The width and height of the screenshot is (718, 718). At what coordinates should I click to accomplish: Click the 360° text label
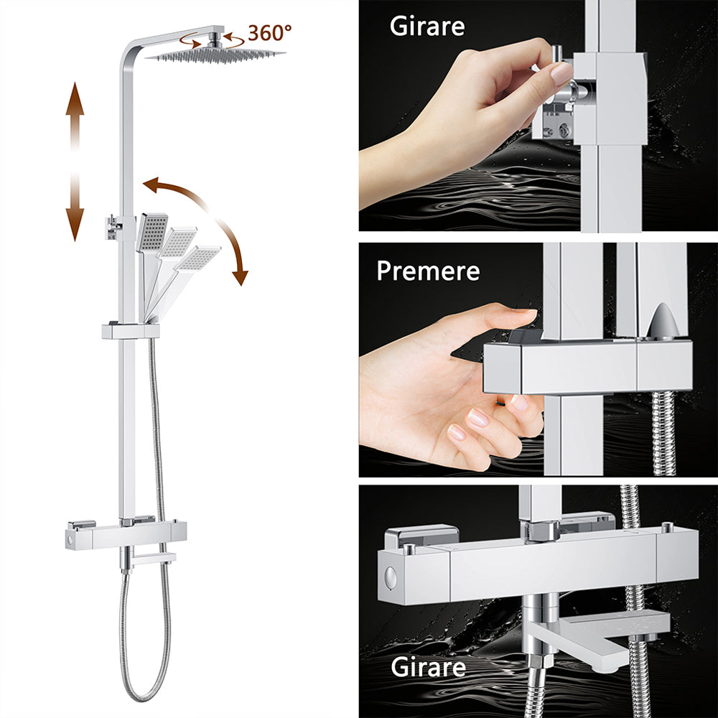270,32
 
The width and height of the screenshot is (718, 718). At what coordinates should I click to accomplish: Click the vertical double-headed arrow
75,162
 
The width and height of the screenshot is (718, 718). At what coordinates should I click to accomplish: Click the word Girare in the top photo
427,26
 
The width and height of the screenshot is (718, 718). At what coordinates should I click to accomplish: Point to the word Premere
428,271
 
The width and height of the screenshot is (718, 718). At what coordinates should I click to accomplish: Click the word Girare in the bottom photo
429,667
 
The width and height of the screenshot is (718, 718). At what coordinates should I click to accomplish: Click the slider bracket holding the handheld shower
129,332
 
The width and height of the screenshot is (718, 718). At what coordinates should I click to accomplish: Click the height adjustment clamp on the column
113,223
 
